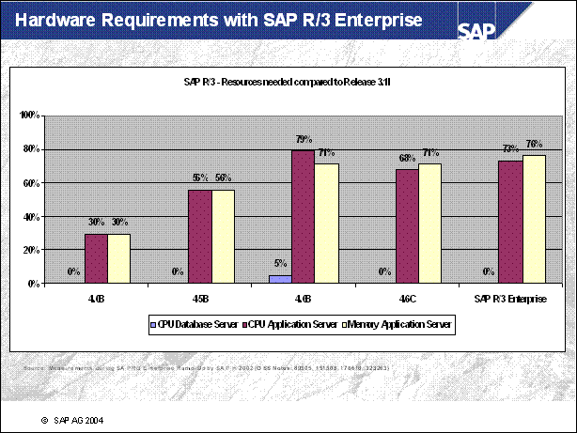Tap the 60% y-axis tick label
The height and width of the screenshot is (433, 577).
29,182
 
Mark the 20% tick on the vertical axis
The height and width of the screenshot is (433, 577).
29,250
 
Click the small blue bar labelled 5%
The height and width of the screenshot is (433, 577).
279,279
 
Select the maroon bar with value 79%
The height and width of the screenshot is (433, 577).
303,216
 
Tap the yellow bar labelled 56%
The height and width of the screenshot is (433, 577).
222,236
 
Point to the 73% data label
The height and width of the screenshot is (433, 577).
510,149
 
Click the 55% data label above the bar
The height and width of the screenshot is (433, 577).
199,178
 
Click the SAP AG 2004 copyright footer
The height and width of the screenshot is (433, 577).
79,420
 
